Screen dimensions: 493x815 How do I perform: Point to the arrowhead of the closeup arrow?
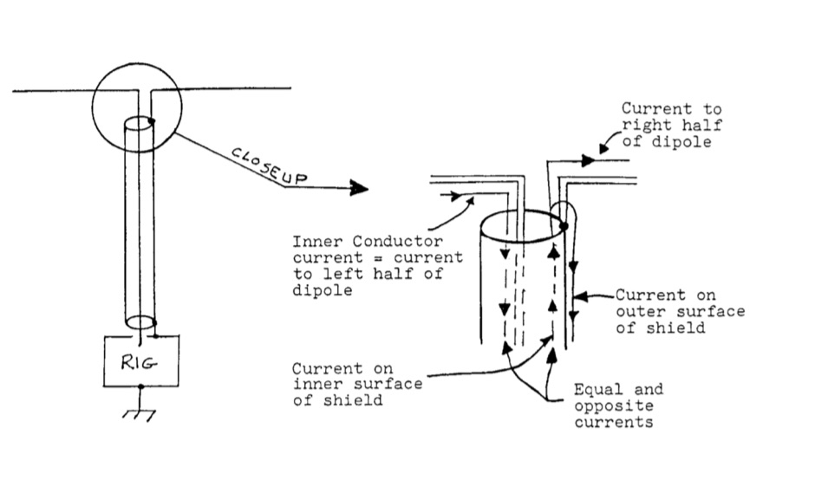pos(360,187)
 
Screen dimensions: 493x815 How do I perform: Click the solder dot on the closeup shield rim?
pos(564,226)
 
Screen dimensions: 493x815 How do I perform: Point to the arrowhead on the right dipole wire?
pos(588,160)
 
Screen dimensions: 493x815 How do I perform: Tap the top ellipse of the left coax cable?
pos(138,121)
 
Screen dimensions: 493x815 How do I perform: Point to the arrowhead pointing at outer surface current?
pos(581,296)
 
